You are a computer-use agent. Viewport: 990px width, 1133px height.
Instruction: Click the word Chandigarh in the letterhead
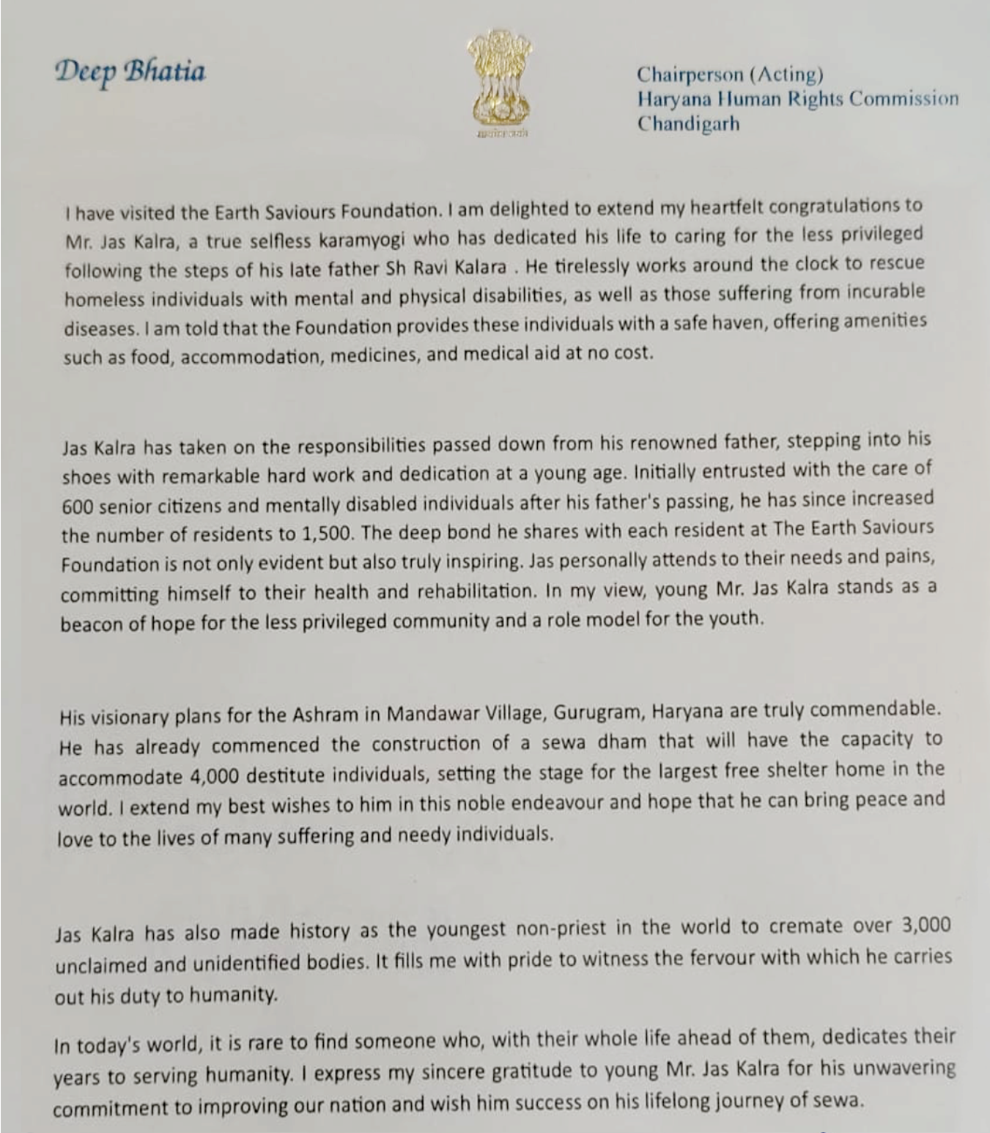click(687, 123)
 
